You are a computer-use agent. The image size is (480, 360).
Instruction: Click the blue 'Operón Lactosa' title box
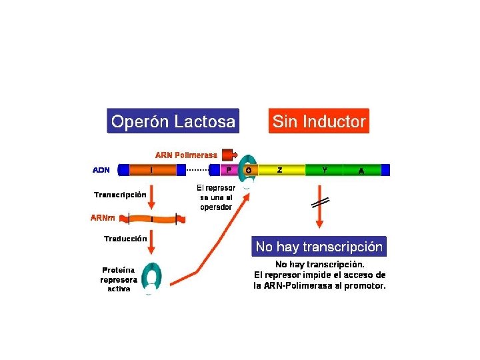[173, 121]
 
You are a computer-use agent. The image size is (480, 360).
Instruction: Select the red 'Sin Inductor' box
[318, 121]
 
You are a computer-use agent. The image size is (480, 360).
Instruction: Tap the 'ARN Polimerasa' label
[186, 155]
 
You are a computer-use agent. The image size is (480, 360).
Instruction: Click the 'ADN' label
[101, 170]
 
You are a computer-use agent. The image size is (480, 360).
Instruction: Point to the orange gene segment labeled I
[152, 170]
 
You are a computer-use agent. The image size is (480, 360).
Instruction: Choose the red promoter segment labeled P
[228, 170]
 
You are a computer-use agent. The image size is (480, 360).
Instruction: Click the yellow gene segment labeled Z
[280, 170]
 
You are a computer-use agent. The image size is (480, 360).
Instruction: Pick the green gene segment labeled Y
[325, 170]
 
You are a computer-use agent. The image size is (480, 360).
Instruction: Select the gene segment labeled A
[361, 170]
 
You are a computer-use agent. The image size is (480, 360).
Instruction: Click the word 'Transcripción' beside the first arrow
[120, 195]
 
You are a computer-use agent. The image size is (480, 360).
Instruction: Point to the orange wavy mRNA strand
[152, 218]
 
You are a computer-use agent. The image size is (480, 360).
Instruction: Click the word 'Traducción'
[125, 238]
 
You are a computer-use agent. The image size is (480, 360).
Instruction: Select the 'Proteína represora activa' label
[119, 279]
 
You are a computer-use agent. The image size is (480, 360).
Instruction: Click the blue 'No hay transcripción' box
[319, 247]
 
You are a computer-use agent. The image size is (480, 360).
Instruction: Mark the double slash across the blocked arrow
[319, 203]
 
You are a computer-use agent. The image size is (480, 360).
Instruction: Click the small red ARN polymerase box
[229, 154]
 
